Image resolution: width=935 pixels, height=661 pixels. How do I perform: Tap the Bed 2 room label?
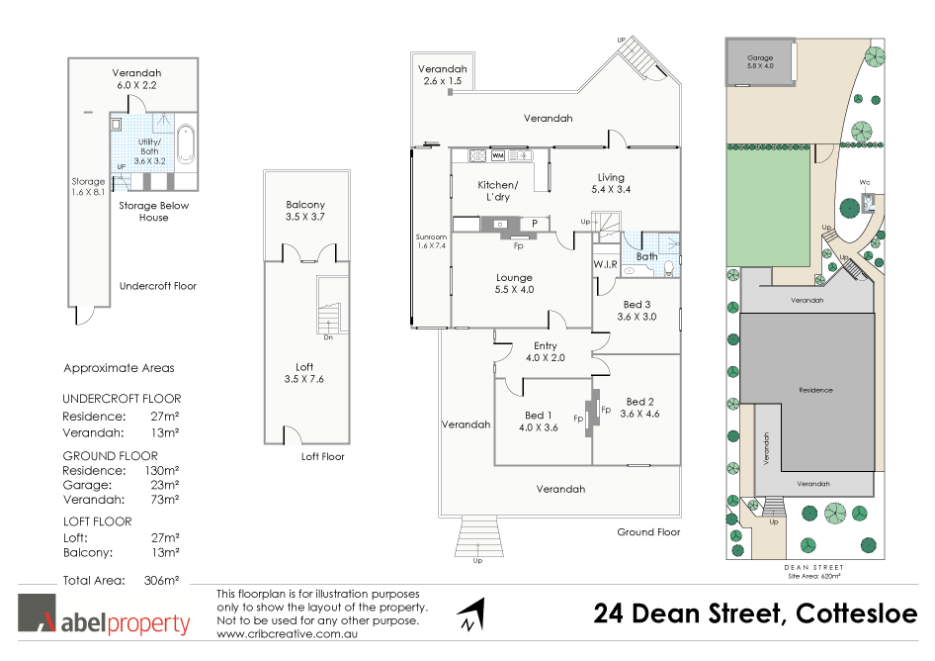tap(640, 408)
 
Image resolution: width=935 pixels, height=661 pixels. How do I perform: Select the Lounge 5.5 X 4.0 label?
tap(514, 284)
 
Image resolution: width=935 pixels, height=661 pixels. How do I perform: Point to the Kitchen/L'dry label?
tap(497, 191)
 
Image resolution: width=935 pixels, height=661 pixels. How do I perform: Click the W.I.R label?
tap(606, 264)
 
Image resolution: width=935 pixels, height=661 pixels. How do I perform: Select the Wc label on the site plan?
tap(863, 181)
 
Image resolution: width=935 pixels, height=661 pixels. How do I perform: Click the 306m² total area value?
tap(161, 581)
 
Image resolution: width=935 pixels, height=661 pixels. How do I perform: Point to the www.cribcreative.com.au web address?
tap(287, 633)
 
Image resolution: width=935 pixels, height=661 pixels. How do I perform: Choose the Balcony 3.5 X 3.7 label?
tap(304, 211)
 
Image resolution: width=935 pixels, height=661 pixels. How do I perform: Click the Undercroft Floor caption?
tap(158, 286)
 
